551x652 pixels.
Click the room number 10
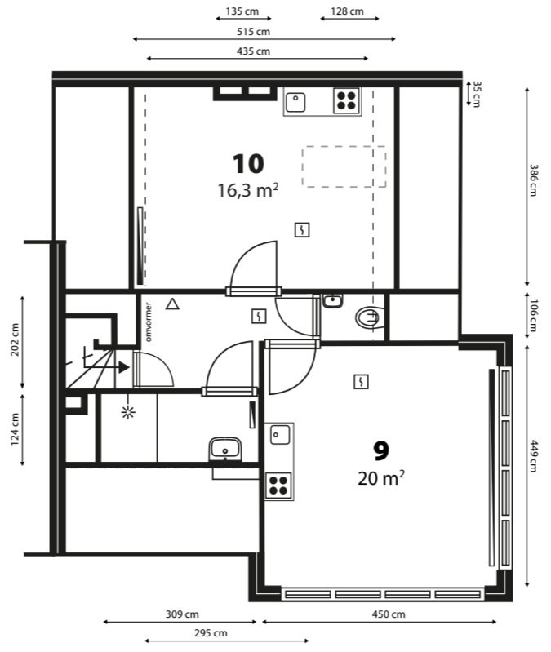pyautogui.click(x=248, y=163)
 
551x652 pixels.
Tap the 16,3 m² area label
pyautogui.click(x=248, y=190)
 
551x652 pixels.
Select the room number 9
pyautogui.click(x=381, y=450)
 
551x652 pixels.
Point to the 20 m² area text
pyautogui.click(x=381, y=477)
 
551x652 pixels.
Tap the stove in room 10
pyautogui.click(x=346, y=100)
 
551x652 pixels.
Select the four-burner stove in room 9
pyautogui.click(x=278, y=486)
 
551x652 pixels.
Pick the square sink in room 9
pyautogui.click(x=280, y=434)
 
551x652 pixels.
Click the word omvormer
pyautogui.click(x=149, y=322)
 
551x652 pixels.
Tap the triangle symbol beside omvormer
pyautogui.click(x=172, y=304)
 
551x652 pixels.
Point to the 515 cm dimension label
pyautogui.click(x=253, y=32)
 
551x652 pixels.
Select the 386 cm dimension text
pyautogui.click(x=534, y=180)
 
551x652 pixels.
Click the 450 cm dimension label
pyautogui.click(x=389, y=614)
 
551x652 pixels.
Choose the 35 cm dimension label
pyautogui.click(x=477, y=94)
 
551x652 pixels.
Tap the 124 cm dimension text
pyautogui.click(x=15, y=429)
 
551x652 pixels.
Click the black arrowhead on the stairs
pyautogui.click(x=124, y=367)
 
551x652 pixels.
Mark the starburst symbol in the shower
pyautogui.click(x=128, y=412)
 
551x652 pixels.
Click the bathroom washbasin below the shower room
pyautogui.click(x=225, y=449)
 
